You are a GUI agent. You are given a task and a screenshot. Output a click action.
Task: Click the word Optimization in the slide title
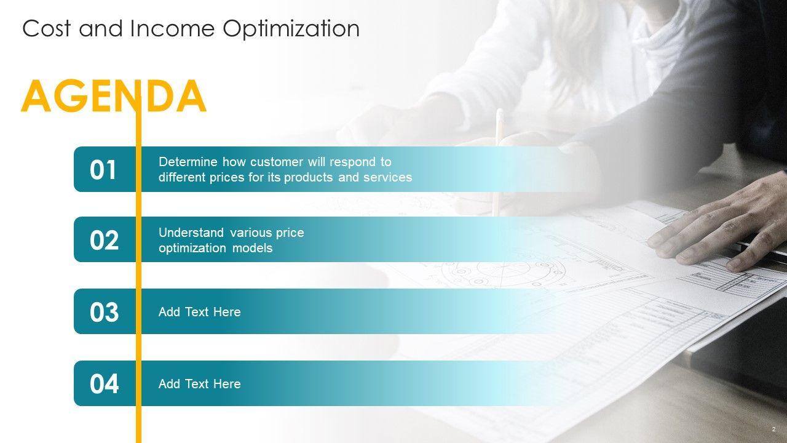(x=291, y=29)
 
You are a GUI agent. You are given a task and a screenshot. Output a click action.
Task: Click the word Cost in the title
(x=46, y=28)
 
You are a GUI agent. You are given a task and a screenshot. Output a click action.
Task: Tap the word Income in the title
(x=172, y=28)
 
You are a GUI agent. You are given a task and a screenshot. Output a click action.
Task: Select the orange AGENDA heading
(x=114, y=95)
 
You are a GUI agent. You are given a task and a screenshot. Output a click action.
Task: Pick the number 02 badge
(x=104, y=241)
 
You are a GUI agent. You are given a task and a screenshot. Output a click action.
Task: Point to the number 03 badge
(x=104, y=312)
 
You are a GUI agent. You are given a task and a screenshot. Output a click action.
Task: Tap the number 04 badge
(x=104, y=384)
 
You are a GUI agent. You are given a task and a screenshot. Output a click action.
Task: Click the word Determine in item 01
(x=188, y=162)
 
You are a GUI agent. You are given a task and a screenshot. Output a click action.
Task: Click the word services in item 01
(x=387, y=177)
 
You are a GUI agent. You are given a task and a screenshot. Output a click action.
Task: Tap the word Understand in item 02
(x=191, y=233)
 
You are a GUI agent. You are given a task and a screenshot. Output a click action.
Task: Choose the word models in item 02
(x=252, y=248)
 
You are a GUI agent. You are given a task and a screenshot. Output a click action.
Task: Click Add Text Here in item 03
(x=200, y=312)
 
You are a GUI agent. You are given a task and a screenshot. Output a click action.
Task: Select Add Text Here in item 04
(x=200, y=384)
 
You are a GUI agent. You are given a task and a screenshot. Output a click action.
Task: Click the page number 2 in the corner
(x=773, y=429)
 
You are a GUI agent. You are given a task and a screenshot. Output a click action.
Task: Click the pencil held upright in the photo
(x=497, y=162)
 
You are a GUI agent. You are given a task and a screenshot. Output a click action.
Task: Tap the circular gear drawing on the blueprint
(x=502, y=273)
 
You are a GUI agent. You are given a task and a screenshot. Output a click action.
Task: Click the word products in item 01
(x=308, y=178)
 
